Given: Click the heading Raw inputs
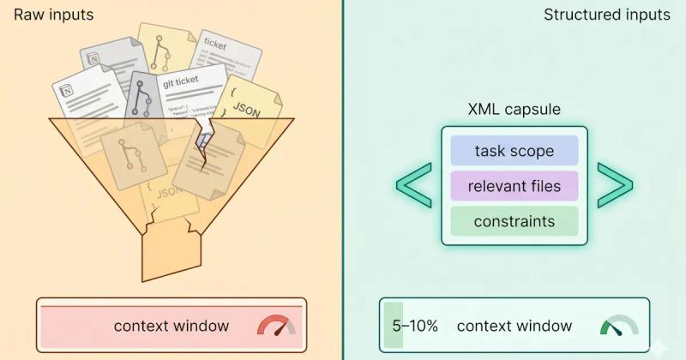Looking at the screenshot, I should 54,15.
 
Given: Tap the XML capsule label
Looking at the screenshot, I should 514,111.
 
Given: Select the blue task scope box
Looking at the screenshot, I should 514,152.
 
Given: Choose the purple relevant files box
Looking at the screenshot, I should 514,186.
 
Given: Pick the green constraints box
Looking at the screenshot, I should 514,222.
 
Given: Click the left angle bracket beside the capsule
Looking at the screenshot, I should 413,185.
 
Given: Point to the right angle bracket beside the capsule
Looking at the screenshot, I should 615,185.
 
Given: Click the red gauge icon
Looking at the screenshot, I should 275,327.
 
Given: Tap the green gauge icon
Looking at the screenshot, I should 618,327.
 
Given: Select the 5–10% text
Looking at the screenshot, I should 415,326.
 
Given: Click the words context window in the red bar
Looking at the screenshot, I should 171,326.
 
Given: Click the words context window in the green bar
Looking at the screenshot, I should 514,326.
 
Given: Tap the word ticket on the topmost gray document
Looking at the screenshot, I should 215,44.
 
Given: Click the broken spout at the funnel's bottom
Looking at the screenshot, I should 171,254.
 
